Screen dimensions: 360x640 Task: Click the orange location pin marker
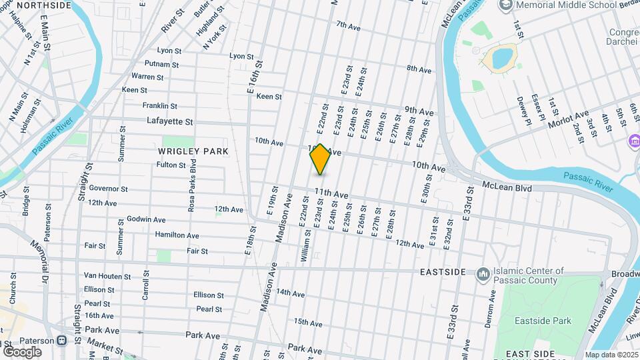pyautogui.click(x=321, y=159)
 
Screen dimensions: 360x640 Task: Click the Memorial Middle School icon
pyautogui.click(x=507, y=5)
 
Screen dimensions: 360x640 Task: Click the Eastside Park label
pyautogui.click(x=543, y=321)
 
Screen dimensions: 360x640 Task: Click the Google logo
pyautogui.click(x=22, y=351)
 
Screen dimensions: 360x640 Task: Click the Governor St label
pyautogui.click(x=108, y=189)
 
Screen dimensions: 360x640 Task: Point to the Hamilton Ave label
pyautogui.click(x=177, y=235)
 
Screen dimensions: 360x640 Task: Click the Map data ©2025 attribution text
pyautogui.click(x=611, y=355)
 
